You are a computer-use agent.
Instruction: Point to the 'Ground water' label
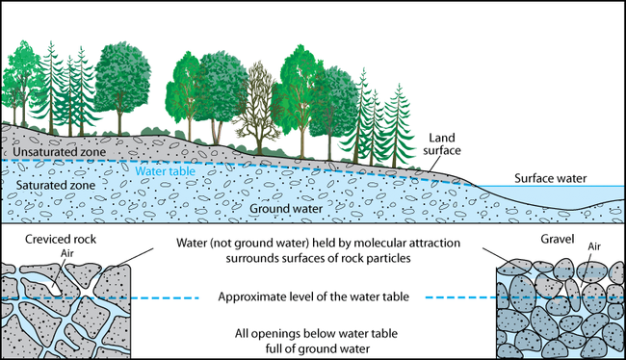click(x=280, y=207)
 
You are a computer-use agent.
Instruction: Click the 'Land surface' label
click(x=446, y=144)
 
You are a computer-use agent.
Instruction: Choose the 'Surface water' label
click(x=551, y=177)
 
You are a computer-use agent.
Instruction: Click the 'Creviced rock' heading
click(x=49, y=239)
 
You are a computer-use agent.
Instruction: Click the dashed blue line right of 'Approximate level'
click(x=460, y=297)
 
